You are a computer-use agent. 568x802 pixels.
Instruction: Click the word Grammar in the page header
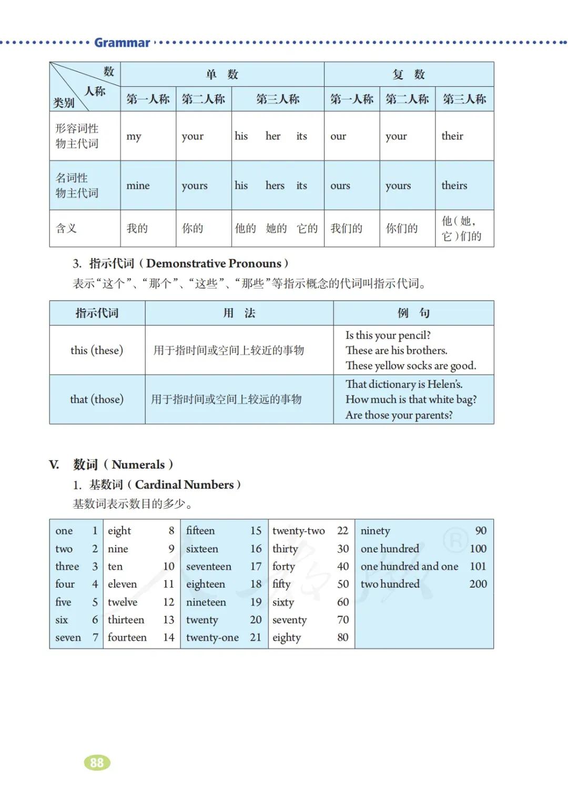(x=122, y=43)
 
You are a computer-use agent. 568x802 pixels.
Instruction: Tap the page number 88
(x=97, y=763)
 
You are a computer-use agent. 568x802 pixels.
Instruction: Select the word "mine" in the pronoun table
(x=138, y=186)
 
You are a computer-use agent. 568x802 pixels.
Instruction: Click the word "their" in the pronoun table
(x=452, y=136)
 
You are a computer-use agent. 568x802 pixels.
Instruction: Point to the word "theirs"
(x=454, y=186)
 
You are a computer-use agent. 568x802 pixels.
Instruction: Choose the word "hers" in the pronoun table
(x=275, y=186)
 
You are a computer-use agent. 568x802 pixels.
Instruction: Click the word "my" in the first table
(x=134, y=137)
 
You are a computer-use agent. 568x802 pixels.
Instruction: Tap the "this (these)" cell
(x=97, y=350)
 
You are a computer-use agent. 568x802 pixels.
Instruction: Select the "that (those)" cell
(x=97, y=399)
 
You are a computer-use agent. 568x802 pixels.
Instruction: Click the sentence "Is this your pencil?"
(x=388, y=335)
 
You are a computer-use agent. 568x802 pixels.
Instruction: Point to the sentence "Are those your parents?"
(x=399, y=415)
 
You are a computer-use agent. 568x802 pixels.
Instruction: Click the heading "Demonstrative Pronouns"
(x=214, y=263)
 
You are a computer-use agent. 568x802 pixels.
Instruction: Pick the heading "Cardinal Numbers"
(x=184, y=485)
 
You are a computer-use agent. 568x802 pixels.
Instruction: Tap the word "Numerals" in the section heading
(x=138, y=465)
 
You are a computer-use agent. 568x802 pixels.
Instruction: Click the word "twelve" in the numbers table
(x=123, y=602)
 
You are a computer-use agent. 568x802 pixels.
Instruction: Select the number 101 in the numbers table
(x=478, y=567)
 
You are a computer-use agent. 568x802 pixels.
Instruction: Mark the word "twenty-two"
(x=298, y=531)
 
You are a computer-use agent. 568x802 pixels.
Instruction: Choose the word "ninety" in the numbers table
(x=375, y=531)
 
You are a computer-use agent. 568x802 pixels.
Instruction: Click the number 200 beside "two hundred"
(x=478, y=584)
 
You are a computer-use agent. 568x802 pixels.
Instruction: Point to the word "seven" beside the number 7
(x=68, y=638)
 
